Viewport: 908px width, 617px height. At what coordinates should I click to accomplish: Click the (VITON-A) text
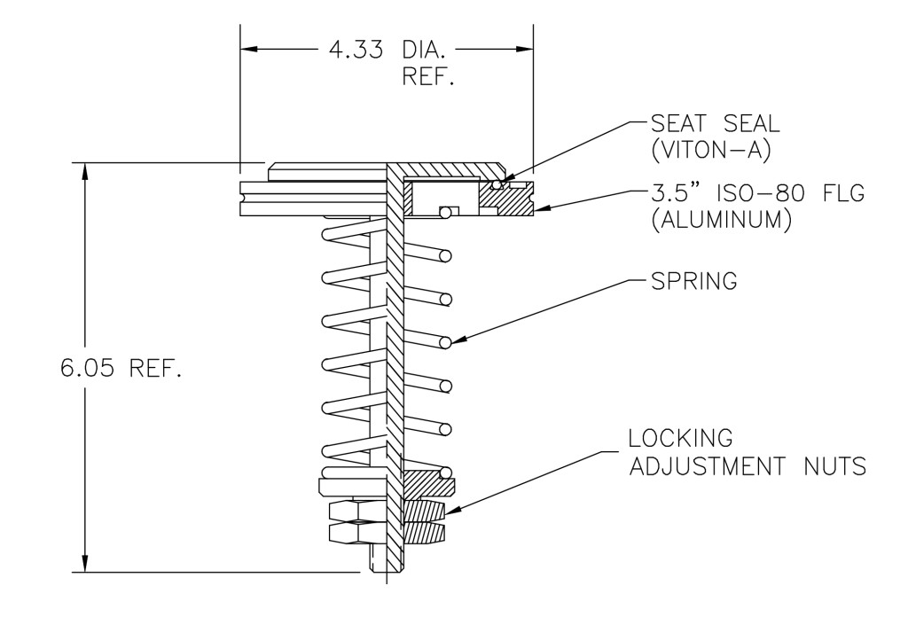(x=708, y=151)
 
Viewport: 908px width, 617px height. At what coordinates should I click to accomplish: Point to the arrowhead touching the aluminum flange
(x=544, y=210)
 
